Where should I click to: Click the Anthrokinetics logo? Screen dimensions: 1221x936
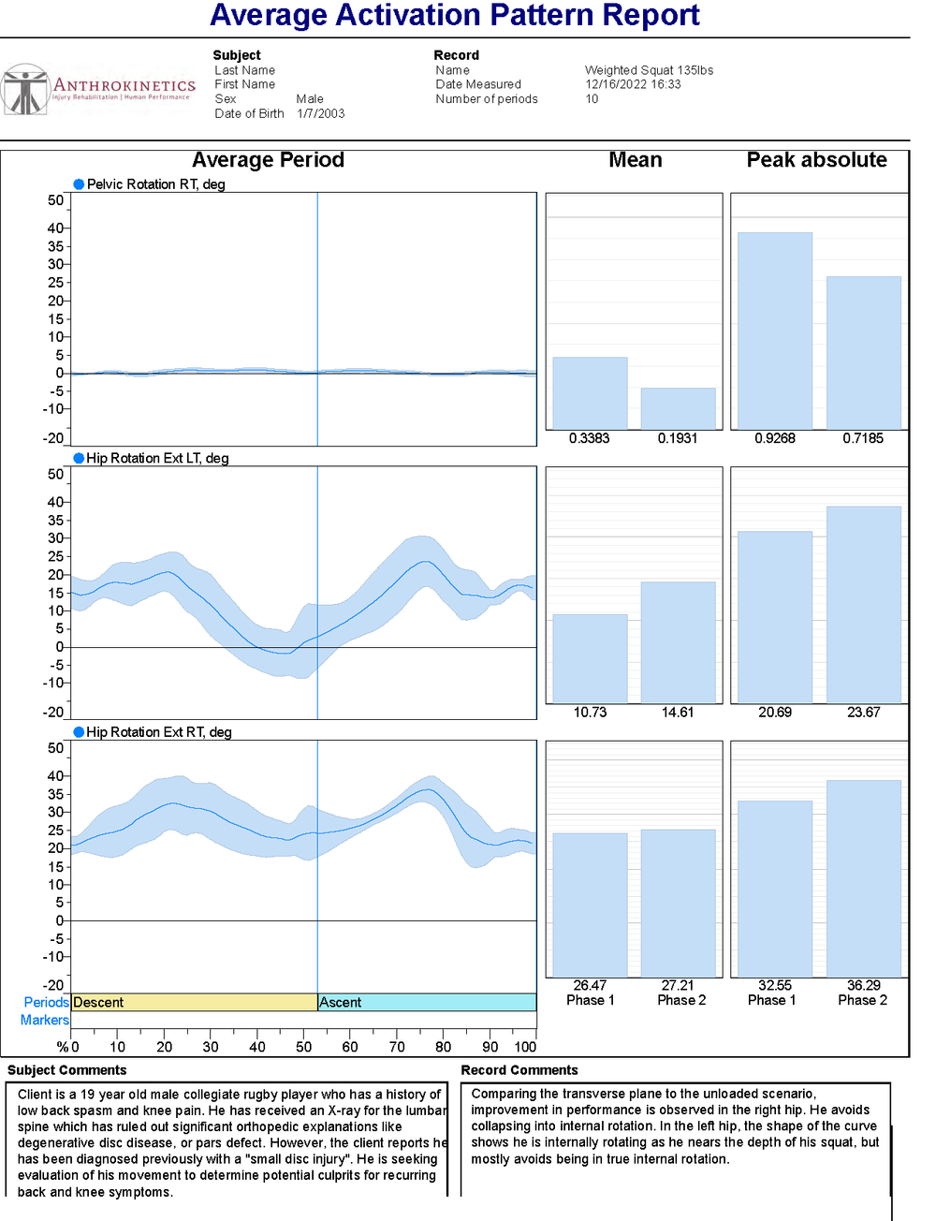[x=98, y=90]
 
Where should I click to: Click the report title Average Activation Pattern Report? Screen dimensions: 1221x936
[x=454, y=15]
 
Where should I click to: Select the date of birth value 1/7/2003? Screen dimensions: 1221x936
[x=321, y=113]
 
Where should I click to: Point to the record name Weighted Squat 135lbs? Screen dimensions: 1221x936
[x=649, y=70]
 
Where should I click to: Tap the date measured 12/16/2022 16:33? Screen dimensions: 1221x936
[x=633, y=84]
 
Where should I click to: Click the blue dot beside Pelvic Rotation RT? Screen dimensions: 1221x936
[x=79, y=184]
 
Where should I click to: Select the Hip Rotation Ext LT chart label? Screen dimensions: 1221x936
[x=157, y=458]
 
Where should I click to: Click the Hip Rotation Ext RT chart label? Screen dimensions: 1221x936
[x=159, y=732]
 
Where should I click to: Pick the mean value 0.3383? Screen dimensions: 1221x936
[x=589, y=438]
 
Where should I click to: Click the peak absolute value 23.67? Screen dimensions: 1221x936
[x=863, y=713]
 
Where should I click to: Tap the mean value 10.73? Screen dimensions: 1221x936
[x=590, y=713]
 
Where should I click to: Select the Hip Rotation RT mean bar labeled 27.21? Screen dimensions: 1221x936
[x=678, y=903]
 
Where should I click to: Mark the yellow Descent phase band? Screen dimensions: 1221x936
[x=195, y=1002]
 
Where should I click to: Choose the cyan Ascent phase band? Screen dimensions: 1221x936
[x=427, y=1002]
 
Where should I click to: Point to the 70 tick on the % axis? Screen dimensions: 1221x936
[x=397, y=1047]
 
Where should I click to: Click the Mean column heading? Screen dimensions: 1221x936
[x=635, y=160]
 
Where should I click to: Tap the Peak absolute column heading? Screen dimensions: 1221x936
[x=816, y=160]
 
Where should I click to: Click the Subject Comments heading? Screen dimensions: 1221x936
[x=66, y=1070]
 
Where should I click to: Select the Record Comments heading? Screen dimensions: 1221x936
[x=519, y=1070]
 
